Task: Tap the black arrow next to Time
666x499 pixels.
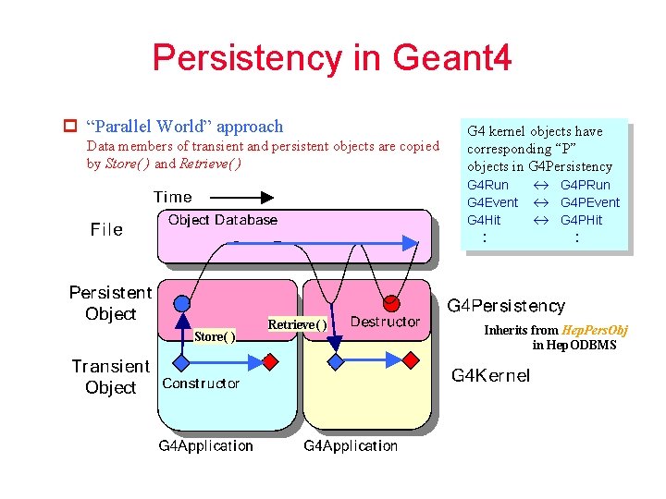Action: pos(237,197)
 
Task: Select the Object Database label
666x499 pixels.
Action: pos(222,220)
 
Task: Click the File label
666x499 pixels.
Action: pos(106,229)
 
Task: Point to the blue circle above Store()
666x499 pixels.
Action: pos(182,302)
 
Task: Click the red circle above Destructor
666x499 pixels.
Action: pos(391,302)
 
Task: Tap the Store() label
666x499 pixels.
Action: pos(215,336)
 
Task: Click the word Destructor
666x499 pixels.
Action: pos(385,322)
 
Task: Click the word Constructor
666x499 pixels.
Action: pos(201,383)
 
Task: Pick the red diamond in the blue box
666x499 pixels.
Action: pos(269,361)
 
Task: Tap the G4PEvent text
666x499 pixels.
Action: pos(590,202)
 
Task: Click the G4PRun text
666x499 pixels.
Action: pos(586,185)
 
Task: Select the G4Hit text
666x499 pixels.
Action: pos(484,220)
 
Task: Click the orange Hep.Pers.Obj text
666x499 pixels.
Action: pos(596,330)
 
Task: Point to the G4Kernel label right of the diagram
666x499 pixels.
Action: pos(490,375)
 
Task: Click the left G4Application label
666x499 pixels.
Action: pos(205,445)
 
